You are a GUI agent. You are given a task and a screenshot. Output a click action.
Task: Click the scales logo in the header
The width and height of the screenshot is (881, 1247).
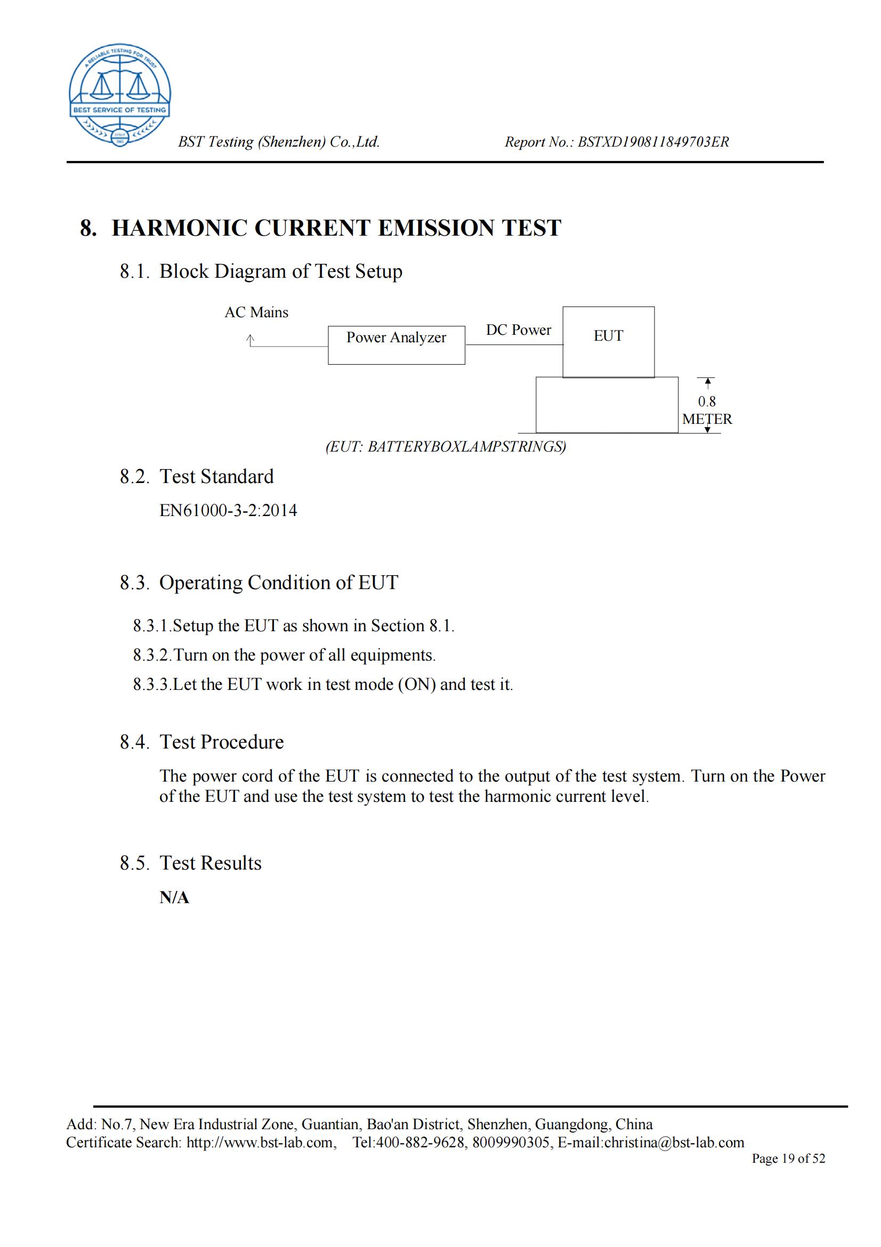point(119,94)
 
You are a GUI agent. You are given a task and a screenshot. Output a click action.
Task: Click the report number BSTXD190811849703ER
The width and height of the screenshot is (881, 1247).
point(653,142)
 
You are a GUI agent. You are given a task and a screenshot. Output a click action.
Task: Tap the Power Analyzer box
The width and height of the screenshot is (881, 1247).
point(396,345)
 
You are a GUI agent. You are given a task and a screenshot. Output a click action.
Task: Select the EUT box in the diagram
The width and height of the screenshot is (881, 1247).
point(608,342)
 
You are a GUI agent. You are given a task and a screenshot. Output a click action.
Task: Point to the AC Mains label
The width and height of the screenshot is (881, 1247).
point(256,312)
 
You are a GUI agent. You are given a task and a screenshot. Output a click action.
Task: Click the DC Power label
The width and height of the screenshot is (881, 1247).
point(518,329)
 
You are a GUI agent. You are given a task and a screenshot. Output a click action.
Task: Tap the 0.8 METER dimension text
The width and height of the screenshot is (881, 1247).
point(707,410)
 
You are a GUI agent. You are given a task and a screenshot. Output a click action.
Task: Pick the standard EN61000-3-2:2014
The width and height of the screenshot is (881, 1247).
point(228,511)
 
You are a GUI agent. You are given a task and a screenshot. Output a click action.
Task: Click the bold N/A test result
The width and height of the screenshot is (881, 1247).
point(174,898)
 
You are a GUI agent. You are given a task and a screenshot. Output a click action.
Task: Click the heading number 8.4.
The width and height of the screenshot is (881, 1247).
point(134,742)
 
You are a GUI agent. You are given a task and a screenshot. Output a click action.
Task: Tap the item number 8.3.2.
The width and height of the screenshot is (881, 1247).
point(152,655)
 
